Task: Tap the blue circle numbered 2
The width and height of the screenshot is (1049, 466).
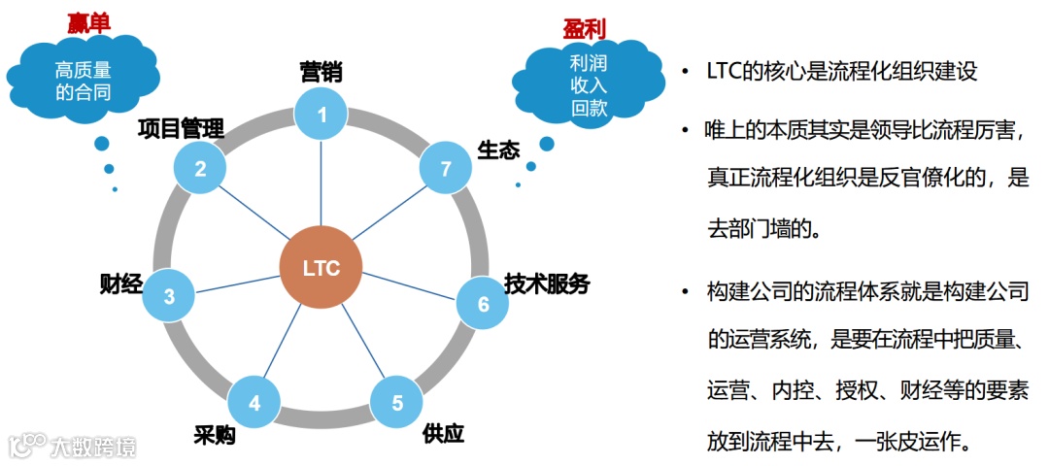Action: click(x=200, y=168)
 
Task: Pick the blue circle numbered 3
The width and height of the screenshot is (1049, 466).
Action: click(x=169, y=297)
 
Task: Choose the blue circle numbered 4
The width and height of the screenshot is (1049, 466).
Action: click(x=254, y=402)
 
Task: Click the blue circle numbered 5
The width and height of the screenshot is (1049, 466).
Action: click(x=396, y=403)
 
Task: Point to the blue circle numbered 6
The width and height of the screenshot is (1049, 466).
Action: click(x=483, y=304)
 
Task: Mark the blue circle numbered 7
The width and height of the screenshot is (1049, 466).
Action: click(x=446, y=169)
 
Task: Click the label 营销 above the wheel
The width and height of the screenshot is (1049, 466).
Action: click(x=321, y=71)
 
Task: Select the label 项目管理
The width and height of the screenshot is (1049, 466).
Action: click(x=181, y=128)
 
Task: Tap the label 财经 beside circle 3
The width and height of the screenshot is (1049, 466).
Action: click(x=121, y=283)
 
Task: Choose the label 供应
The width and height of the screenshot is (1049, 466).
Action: click(x=444, y=432)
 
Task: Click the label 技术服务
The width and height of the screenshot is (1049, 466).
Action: click(x=547, y=284)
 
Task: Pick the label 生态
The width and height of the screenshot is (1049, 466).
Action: click(x=498, y=150)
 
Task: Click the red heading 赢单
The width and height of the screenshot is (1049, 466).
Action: click(x=88, y=21)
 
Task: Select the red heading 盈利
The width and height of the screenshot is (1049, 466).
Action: click(x=585, y=28)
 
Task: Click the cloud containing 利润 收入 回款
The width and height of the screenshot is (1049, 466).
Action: click(x=589, y=85)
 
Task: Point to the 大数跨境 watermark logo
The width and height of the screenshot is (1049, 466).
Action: click(x=73, y=446)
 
